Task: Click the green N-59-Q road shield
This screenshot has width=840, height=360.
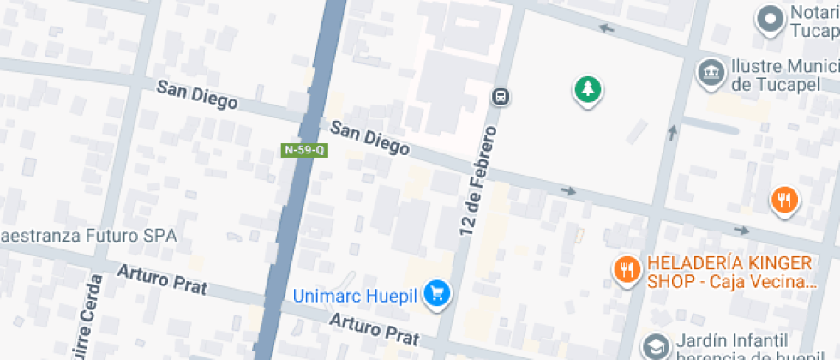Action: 303,150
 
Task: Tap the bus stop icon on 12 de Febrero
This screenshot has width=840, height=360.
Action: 501,97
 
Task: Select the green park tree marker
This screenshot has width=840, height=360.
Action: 587,88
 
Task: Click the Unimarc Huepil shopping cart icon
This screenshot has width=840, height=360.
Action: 439,294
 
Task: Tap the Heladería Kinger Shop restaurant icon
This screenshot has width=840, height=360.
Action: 627,271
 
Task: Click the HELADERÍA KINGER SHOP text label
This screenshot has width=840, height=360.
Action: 731,272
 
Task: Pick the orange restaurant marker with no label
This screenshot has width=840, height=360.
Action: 783,201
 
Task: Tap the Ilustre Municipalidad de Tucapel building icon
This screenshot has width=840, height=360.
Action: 711,72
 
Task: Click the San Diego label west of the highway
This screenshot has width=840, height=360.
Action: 197,94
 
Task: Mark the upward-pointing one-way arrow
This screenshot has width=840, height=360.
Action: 673,133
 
